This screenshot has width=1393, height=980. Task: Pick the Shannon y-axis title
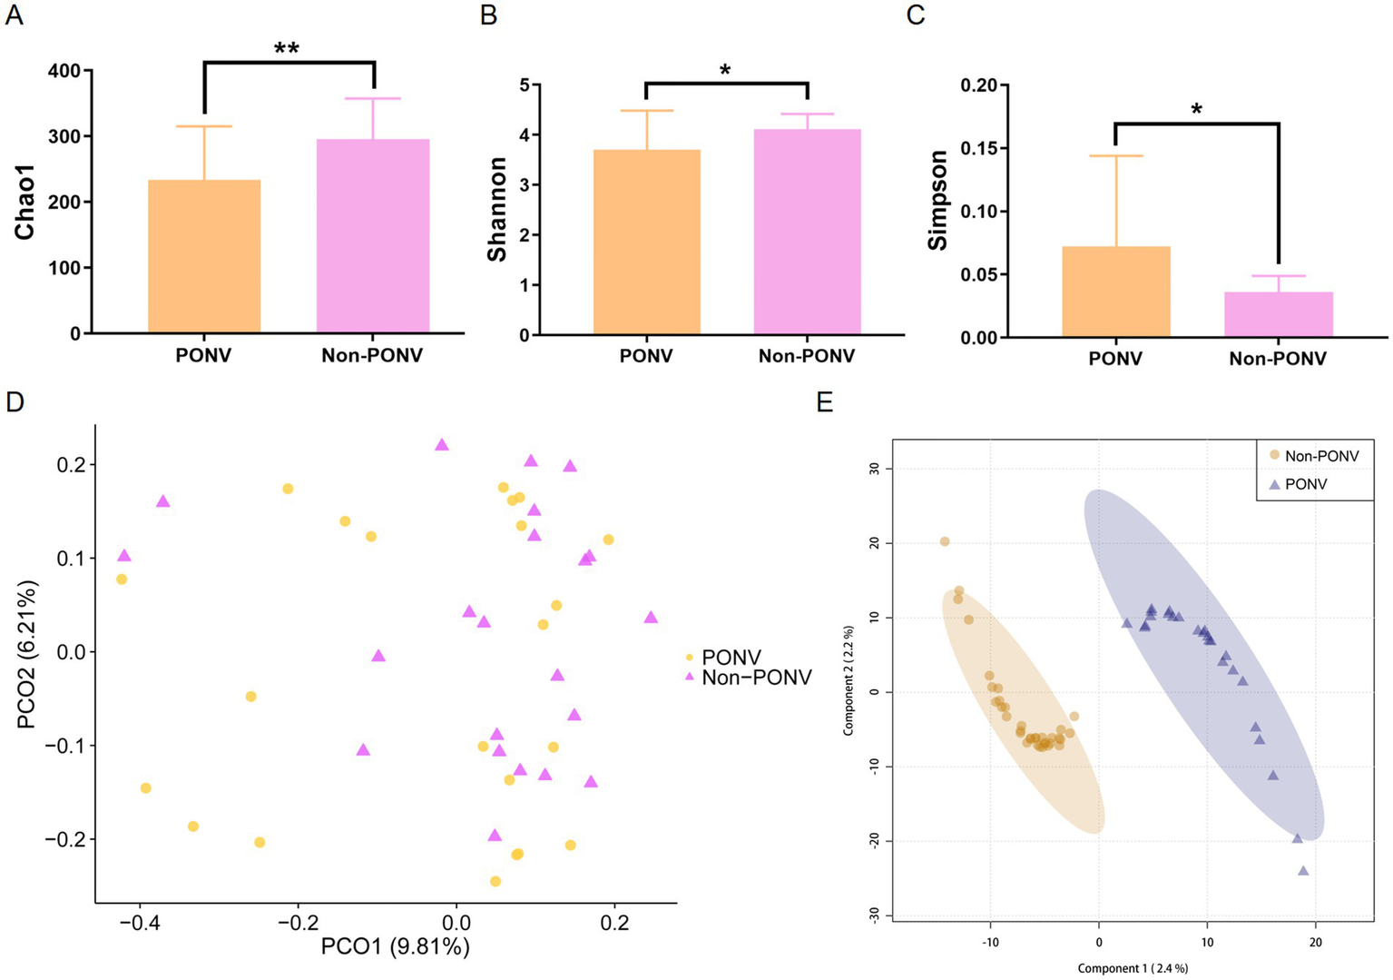497,209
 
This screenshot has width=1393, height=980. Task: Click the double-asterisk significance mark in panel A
287,48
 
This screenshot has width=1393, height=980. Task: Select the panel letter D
15,402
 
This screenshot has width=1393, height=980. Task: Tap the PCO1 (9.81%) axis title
396,946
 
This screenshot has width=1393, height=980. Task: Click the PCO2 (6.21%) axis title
27,654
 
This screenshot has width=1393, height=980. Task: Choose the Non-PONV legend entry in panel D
756,677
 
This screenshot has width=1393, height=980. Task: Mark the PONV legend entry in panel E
1305,485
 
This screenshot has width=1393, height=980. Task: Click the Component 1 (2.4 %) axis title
1133,968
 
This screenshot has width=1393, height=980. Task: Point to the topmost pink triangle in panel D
442,445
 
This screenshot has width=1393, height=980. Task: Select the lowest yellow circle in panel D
495,881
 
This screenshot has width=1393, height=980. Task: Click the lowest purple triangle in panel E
1303,871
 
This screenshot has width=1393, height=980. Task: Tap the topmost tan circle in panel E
945,541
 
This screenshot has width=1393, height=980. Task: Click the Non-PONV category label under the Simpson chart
1278,359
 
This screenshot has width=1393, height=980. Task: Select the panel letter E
824,402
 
